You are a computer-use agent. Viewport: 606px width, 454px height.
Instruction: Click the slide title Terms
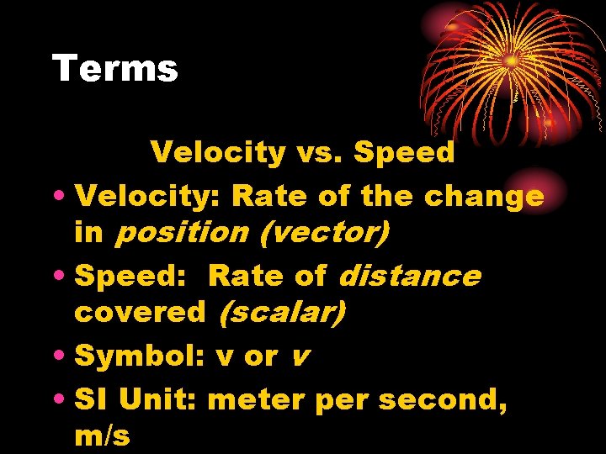(115, 68)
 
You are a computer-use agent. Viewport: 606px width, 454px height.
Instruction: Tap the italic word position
(181, 233)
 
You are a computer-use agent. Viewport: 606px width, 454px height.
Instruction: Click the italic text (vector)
(325, 233)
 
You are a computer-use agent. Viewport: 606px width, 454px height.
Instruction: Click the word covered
(140, 314)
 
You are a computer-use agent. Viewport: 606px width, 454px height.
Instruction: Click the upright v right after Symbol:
(225, 356)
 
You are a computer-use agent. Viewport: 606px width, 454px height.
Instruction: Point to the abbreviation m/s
(102, 436)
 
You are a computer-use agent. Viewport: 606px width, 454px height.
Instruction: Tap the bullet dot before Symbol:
(61, 357)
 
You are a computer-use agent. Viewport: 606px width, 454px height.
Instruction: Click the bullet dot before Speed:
(61, 276)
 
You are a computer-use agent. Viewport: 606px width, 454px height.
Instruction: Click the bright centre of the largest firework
(511, 61)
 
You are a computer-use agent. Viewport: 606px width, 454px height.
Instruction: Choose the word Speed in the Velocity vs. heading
(405, 152)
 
